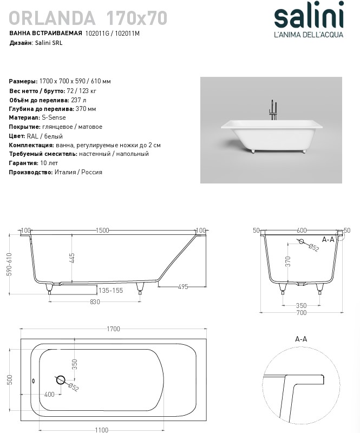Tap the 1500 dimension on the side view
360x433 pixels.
point(103,231)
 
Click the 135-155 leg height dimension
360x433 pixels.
point(111,291)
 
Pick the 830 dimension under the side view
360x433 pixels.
point(95,302)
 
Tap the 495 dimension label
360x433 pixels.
point(182,287)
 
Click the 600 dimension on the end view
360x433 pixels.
point(302,231)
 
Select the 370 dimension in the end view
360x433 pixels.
point(289,261)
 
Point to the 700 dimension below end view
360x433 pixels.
point(302,313)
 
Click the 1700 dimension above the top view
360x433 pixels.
point(113,329)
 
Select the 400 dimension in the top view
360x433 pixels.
point(49,395)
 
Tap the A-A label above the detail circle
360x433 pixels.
point(301,339)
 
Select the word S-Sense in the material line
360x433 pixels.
point(53,117)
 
